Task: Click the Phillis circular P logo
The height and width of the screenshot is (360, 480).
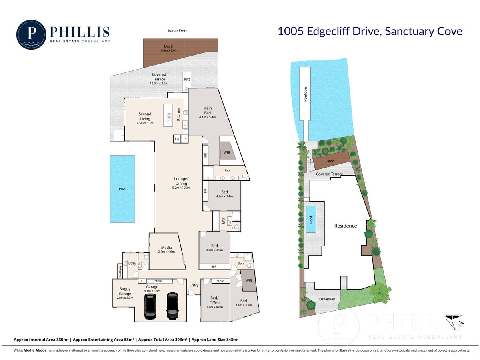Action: click(x=31, y=34)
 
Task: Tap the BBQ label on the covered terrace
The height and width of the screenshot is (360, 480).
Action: click(x=187, y=79)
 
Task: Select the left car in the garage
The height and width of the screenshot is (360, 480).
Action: click(x=150, y=306)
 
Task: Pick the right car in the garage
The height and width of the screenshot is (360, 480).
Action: click(x=173, y=306)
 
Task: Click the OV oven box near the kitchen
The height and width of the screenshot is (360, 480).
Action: click(x=177, y=139)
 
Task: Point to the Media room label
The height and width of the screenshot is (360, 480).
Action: click(x=166, y=248)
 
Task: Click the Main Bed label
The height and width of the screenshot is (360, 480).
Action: click(x=207, y=110)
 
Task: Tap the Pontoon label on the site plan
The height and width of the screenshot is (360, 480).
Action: click(x=305, y=94)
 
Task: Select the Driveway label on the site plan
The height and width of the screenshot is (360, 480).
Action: click(x=327, y=299)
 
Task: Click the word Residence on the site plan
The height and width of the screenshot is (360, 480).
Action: click(x=345, y=226)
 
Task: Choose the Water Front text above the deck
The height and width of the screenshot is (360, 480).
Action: click(x=178, y=31)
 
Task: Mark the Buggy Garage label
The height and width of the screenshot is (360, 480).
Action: click(x=125, y=291)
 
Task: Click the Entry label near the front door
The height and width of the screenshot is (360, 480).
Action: click(x=194, y=285)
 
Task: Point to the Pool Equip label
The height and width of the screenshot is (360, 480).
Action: click(x=120, y=272)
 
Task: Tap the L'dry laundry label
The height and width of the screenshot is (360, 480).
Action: click(x=132, y=263)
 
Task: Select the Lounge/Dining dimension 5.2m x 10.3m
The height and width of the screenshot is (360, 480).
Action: click(x=181, y=188)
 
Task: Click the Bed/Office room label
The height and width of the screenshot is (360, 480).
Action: click(x=214, y=300)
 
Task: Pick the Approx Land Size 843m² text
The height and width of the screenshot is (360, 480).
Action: click(x=215, y=340)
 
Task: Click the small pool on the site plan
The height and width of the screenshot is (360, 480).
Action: click(x=311, y=219)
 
